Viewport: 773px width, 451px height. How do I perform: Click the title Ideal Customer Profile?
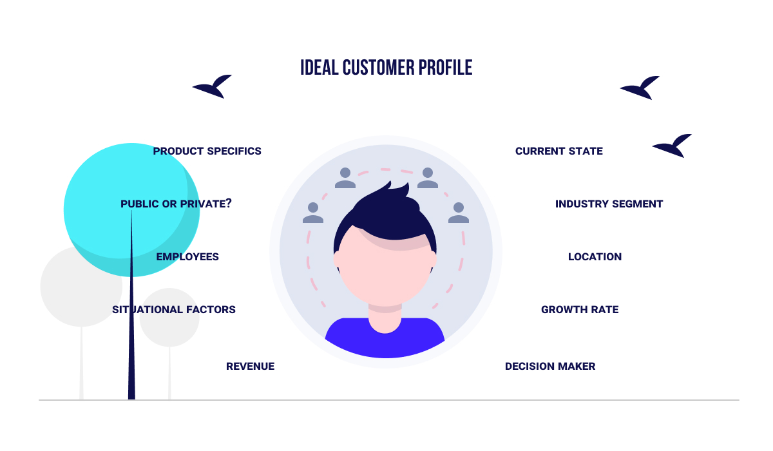point(386,68)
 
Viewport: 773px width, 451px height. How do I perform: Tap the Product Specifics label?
point(207,151)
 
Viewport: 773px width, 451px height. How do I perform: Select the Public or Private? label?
point(176,204)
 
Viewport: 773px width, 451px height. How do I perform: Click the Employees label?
point(187,257)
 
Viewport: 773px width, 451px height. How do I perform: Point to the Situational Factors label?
point(174,310)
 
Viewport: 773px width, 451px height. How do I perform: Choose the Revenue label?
point(250,367)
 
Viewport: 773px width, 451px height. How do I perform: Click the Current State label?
point(559,151)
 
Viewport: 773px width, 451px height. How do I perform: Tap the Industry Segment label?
point(609,204)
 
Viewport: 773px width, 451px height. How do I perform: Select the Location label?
point(595,257)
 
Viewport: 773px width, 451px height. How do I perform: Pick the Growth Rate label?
point(580,310)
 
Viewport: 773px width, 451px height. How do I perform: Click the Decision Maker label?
point(550,367)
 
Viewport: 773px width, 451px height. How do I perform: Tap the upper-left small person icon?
point(345,178)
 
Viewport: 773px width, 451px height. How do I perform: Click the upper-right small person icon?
point(427,178)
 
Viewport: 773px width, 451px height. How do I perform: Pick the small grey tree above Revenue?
point(169,317)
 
